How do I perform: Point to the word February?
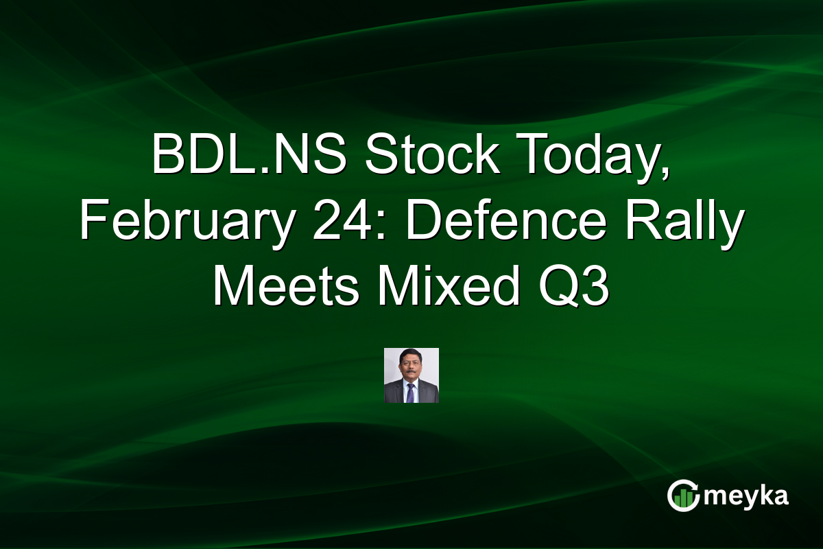[x=181, y=223]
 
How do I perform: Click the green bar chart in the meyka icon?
[x=682, y=500]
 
